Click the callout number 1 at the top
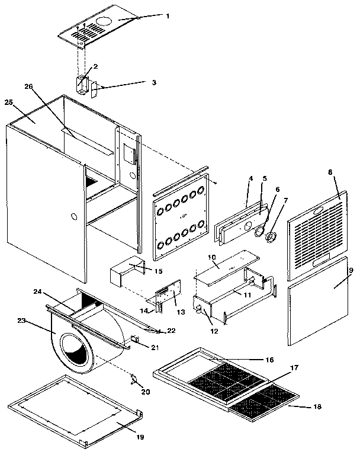168,16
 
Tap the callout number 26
28,86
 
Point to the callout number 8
330,172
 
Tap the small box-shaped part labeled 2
83,82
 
